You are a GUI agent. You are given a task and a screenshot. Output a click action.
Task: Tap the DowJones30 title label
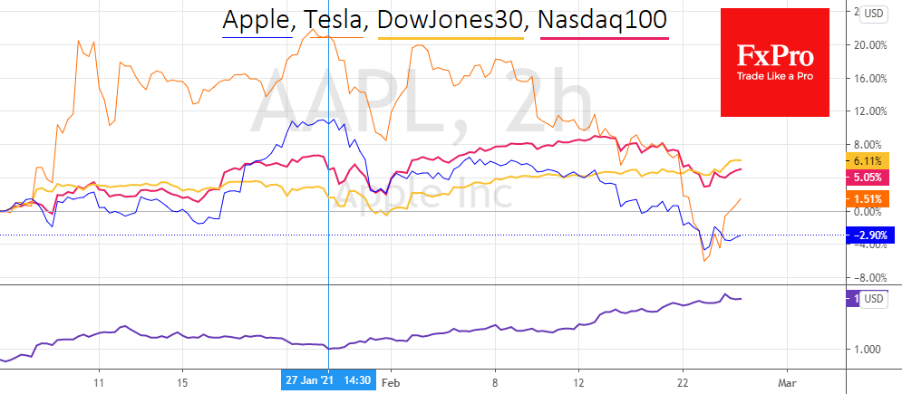(x=451, y=20)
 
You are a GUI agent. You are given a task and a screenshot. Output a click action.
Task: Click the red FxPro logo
(x=774, y=63)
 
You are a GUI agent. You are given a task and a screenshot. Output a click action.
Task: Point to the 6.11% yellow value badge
(x=868, y=159)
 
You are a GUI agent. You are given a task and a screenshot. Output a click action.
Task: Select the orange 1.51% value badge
(x=868, y=198)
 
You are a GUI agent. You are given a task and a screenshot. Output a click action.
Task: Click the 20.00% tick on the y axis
(x=869, y=45)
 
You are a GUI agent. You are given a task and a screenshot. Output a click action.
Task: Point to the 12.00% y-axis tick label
(x=869, y=111)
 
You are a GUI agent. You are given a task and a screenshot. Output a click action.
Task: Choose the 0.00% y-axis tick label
(x=871, y=211)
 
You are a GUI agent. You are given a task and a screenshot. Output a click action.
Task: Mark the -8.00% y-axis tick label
(x=869, y=278)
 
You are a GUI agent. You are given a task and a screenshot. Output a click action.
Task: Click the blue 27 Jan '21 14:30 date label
(x=327, y=382)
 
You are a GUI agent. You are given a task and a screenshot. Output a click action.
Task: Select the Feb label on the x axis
(x=391, y=382)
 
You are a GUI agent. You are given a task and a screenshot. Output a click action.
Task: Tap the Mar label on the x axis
(x=787, y=382)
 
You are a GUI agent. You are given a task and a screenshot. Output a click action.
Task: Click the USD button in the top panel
(x=875, y=13)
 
